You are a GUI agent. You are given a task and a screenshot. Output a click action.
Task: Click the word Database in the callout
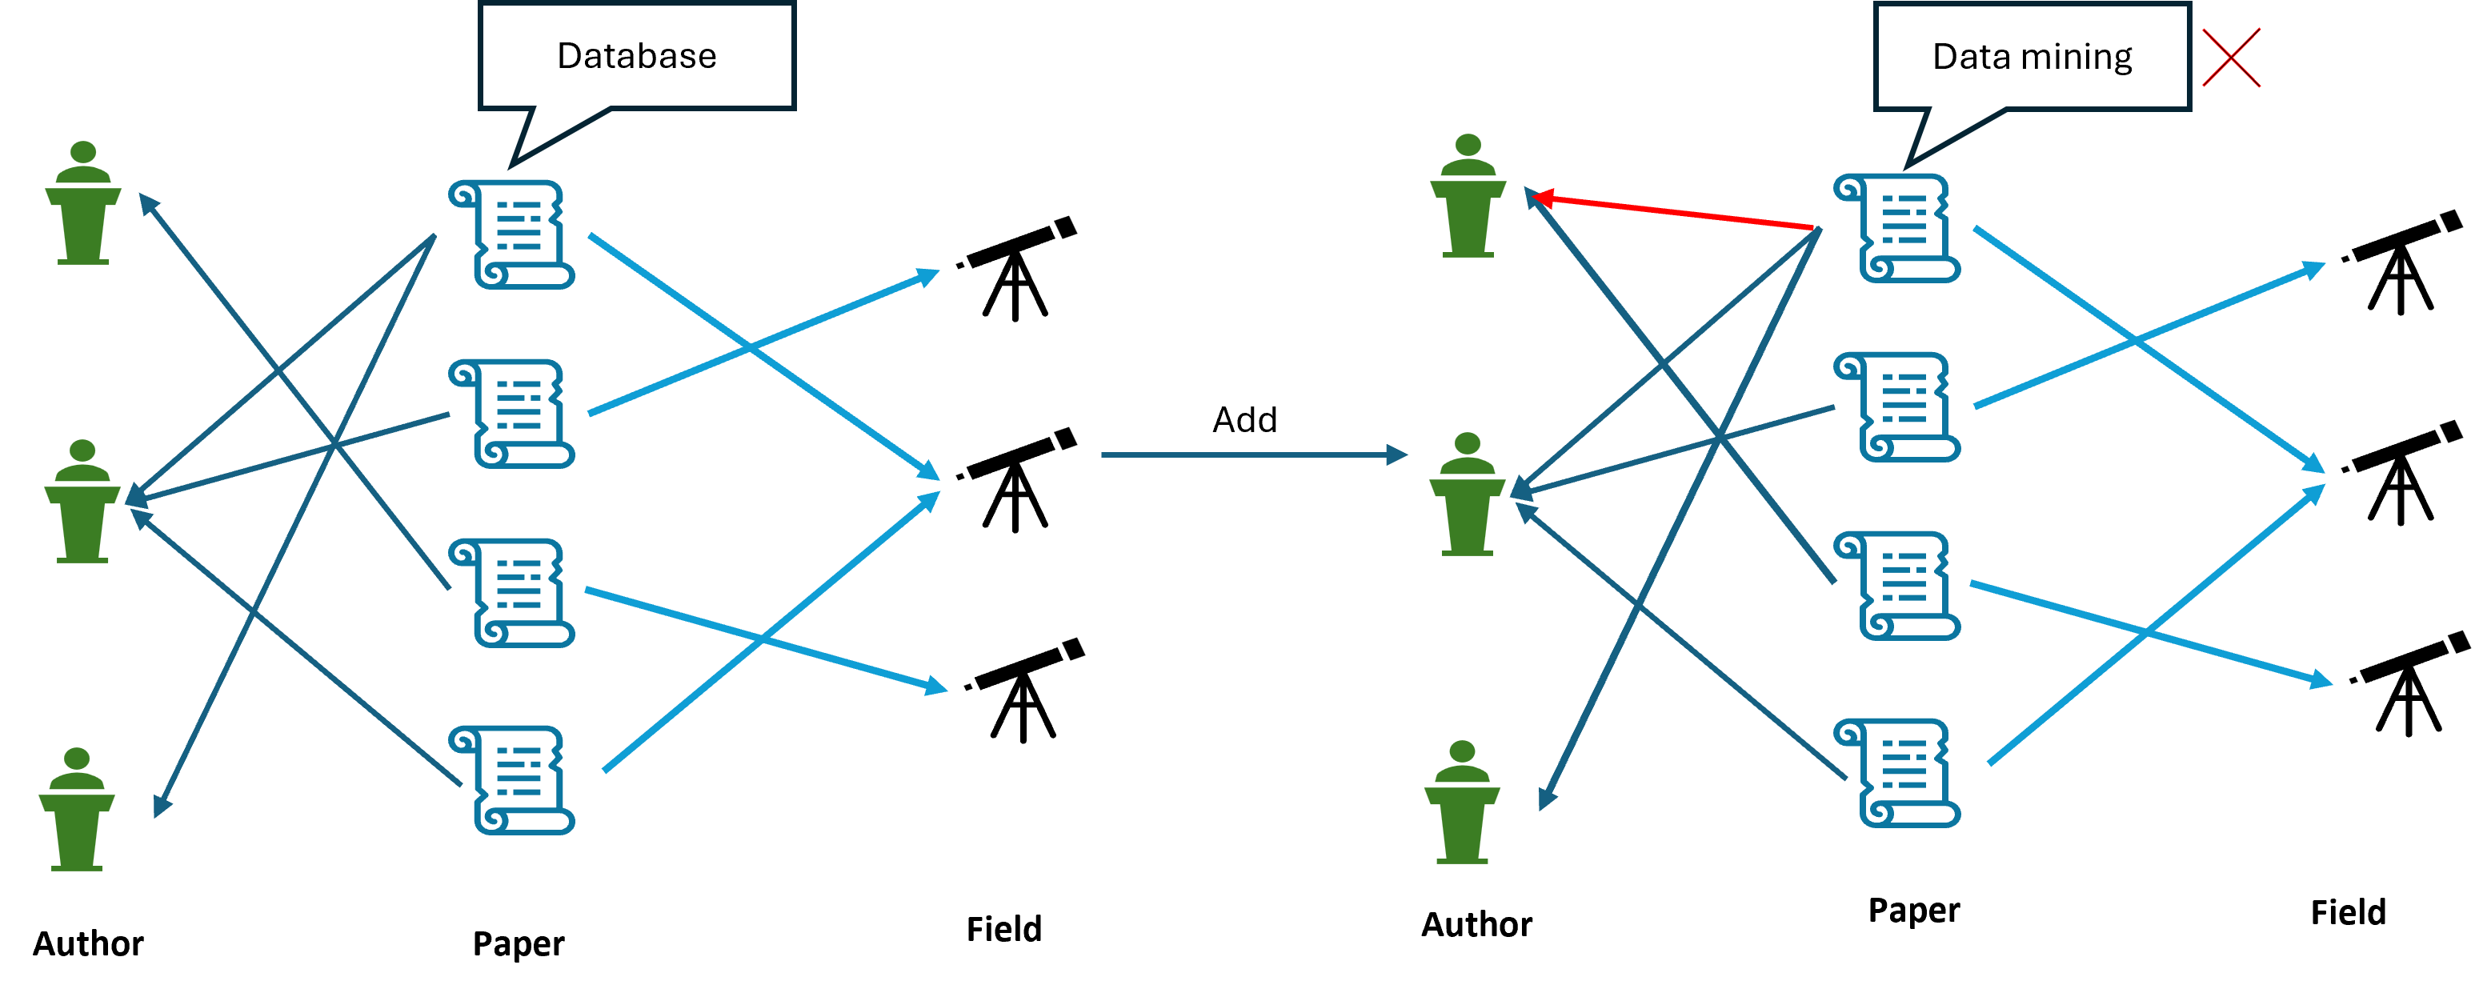636,56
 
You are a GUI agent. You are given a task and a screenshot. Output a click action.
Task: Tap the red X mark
2230,58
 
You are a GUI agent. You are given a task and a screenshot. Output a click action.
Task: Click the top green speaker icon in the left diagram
83,205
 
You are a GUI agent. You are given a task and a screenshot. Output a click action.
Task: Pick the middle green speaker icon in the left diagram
82,503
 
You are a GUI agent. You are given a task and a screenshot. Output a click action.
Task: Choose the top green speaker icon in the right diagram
1468,197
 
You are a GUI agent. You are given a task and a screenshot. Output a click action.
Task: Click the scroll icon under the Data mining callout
1897,228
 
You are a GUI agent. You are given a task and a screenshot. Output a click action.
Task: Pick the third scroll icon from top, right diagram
1897,585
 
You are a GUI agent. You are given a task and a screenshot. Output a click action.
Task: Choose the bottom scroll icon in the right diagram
1897,773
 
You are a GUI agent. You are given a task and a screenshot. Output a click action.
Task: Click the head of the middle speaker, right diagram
1468,443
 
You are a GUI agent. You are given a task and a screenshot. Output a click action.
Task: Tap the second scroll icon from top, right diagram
1897,406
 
